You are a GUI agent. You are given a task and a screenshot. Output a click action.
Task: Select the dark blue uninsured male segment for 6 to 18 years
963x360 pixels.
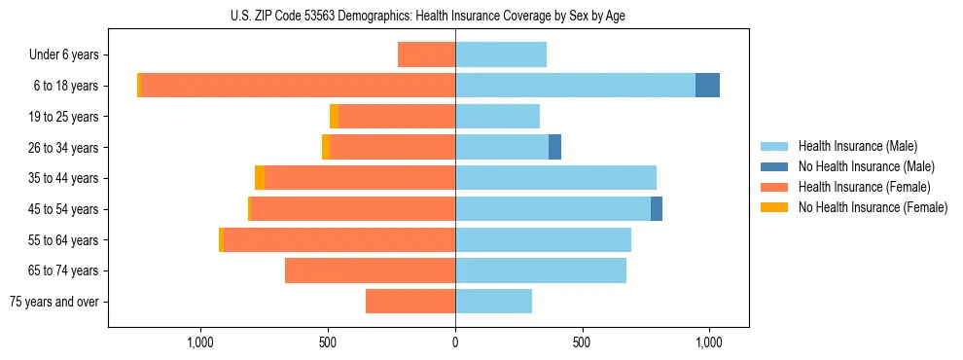point(707,86)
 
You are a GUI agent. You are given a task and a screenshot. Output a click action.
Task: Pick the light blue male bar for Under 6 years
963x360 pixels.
point(501,54)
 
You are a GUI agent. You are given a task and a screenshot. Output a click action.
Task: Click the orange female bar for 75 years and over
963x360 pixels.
point(410,302)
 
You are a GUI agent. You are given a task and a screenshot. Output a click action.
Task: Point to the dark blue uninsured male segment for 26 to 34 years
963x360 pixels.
point(554,147)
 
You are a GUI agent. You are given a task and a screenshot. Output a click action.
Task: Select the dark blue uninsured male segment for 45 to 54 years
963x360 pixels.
point(657,209)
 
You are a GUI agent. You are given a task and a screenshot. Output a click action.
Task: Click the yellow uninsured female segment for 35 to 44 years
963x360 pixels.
point(260,178)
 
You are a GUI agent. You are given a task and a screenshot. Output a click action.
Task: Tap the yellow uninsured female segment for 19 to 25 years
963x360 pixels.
point(334,117)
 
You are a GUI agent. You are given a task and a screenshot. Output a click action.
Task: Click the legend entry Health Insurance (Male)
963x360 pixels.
point(857,146)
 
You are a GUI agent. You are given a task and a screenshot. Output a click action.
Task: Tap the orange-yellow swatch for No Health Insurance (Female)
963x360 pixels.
point(774,207)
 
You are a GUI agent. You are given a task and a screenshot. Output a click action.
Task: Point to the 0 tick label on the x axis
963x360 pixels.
point(455,342)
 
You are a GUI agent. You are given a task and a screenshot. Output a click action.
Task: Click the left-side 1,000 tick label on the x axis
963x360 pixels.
point(200,342)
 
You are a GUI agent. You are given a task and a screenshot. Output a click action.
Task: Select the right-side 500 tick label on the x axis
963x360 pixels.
point(582,342)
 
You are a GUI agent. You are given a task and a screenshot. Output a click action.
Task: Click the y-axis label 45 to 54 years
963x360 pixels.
point(65,209)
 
